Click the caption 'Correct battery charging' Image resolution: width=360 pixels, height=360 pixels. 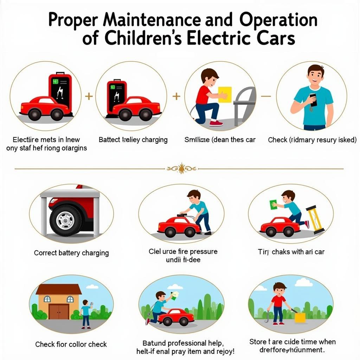point(71,253)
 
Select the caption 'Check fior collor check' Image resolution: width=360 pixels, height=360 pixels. point(71,344)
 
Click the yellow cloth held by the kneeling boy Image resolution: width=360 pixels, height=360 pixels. point(225,94)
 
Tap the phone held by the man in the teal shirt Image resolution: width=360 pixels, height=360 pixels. point(313,99)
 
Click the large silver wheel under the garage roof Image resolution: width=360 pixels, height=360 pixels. point(66,220)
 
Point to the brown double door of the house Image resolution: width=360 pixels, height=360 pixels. point(59,311)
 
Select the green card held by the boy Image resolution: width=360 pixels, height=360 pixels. point(273,205)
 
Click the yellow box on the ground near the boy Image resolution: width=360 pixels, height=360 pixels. point(300,317)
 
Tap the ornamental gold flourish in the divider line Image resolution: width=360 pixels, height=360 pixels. point(181,169)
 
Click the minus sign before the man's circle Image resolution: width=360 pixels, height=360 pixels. point(266,96)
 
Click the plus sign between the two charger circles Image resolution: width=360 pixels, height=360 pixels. point(89,96)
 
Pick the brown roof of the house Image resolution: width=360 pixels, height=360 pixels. point(58,289)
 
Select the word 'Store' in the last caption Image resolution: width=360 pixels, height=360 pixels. point(258,342)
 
